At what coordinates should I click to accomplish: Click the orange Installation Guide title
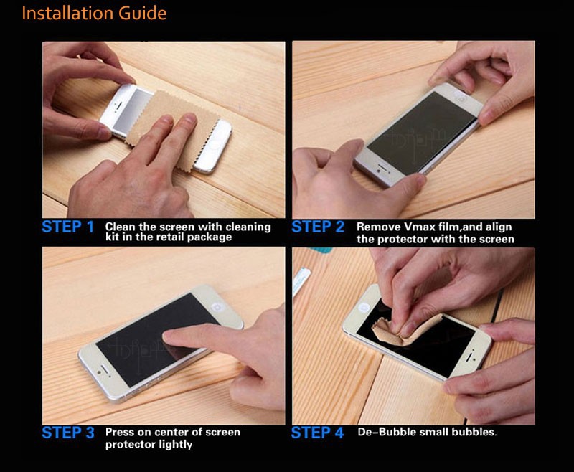[94, 14]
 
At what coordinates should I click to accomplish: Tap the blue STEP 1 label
[68, 227]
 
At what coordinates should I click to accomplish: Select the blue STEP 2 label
[318, 227]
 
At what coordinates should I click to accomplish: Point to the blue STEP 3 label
[68, 433]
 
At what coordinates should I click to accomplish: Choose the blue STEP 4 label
[317, 433]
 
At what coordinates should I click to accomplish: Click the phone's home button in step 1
[216, 143]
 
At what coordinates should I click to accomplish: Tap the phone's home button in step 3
[218, 306]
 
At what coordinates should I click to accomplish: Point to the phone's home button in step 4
[364, 307]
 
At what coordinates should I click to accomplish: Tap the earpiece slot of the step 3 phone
[104, 369]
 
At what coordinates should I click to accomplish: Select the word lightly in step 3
[175, 445]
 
